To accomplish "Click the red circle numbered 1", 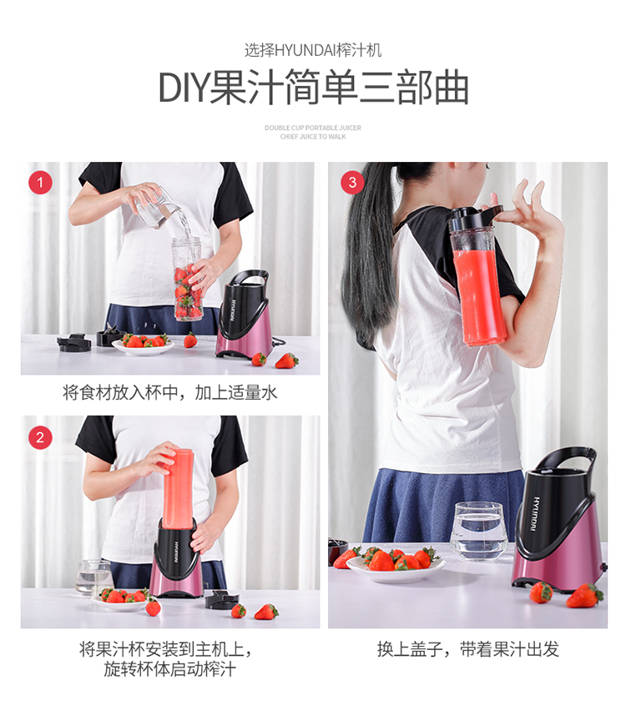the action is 40,182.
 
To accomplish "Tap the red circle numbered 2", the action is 40,437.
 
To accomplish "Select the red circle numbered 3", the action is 352,182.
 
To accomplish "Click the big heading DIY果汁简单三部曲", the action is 314,87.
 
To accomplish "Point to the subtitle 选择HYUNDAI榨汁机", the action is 313,50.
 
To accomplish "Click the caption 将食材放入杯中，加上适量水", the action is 170,393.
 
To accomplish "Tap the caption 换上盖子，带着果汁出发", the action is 467,649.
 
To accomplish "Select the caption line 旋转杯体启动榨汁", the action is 170,669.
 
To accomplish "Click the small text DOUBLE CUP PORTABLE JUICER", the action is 313,128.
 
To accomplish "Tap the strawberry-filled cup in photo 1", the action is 187,279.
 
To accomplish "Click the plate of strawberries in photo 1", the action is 143,345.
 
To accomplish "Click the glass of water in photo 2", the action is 94,577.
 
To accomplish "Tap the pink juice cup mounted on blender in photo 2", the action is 177,488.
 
